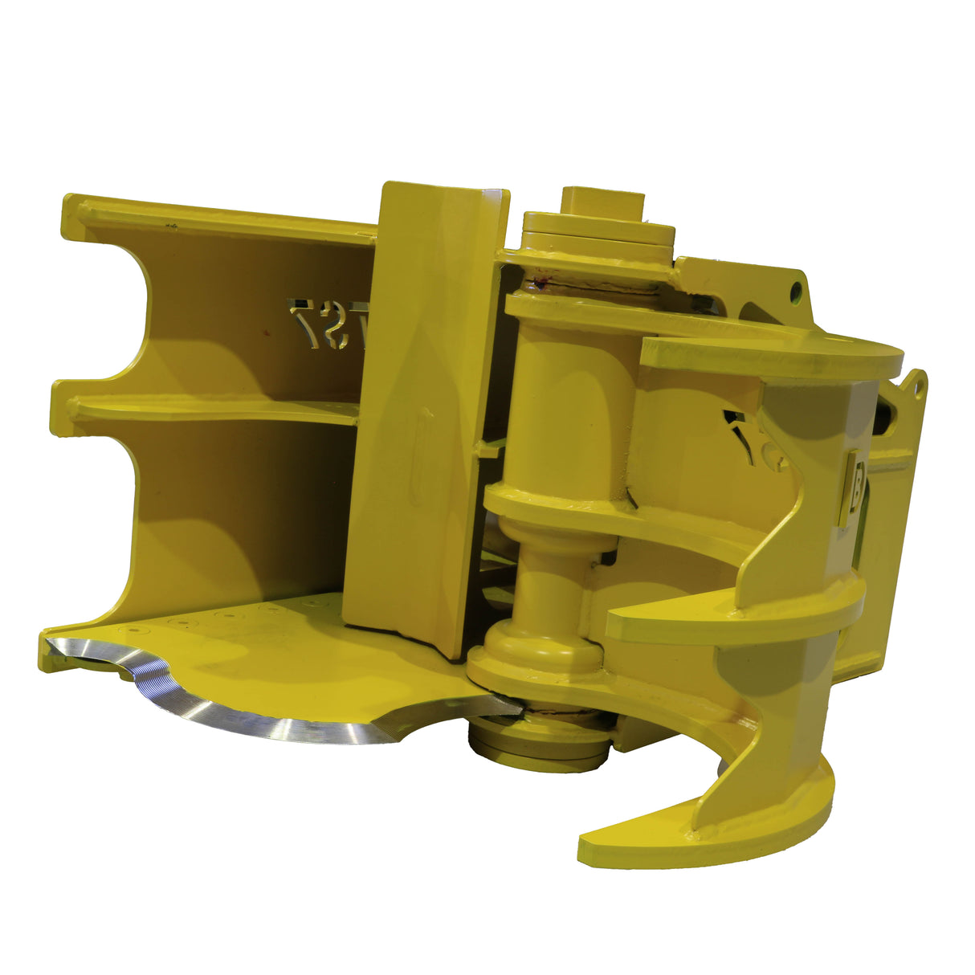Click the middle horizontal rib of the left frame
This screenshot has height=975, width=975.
click(209, 410)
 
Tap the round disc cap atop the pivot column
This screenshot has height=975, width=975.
click(598, 232)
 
